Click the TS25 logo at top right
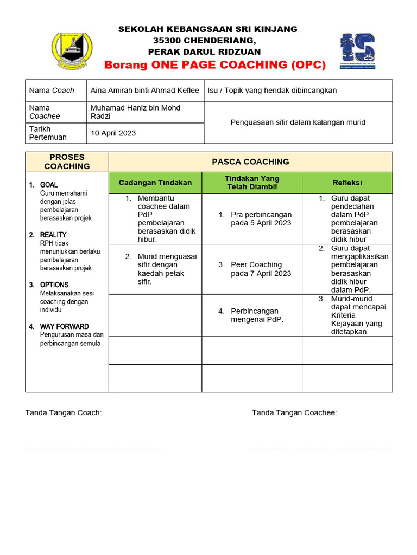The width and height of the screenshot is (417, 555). point(357,50)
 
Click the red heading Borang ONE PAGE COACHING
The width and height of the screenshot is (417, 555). point(215,65)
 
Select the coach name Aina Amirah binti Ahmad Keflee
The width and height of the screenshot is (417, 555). point(145,91)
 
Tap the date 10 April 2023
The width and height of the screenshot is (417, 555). point(113,133)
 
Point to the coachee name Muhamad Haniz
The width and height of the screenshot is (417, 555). point(135,112)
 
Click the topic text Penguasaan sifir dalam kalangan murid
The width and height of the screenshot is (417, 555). point(298,122)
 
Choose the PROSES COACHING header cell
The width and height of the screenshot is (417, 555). point(67,162)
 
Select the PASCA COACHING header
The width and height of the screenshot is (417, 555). point(250,162)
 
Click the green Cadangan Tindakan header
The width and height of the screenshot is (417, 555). point(155,183)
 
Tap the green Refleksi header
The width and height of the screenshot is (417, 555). point(347,183)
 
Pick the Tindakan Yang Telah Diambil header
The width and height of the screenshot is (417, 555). point(251,183)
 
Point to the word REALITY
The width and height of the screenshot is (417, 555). point(53,235)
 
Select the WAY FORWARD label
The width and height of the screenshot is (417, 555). point(64,326)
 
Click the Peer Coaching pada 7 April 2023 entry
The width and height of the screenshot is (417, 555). point(261,269)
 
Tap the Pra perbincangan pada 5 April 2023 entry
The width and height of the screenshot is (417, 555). point(261,219)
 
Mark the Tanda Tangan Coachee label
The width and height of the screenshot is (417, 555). point(294,413)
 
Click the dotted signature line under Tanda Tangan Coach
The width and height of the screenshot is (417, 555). point(94,448)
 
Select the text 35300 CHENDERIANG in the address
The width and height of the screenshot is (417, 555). point(204,41)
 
